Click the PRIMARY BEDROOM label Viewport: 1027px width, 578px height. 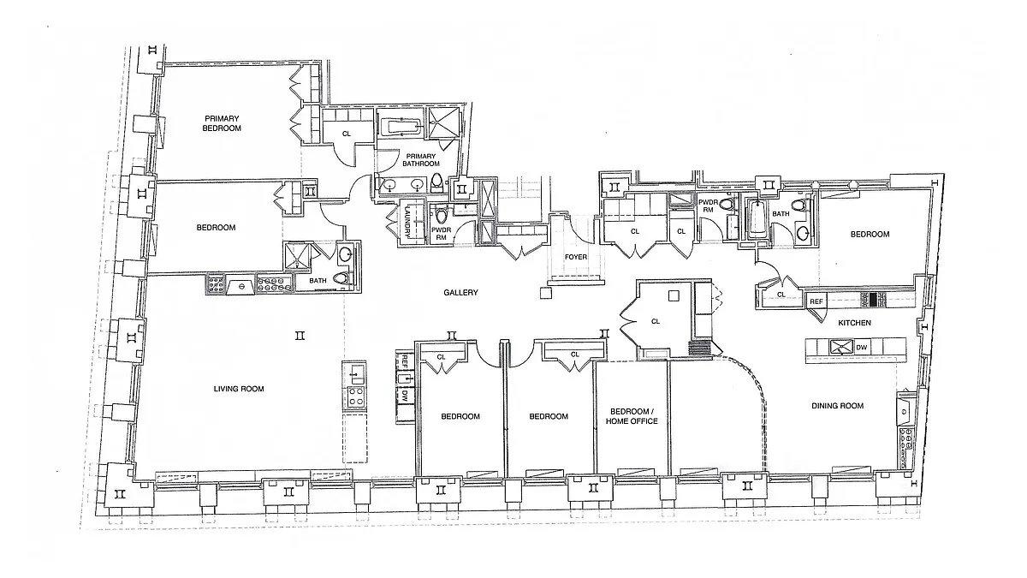tap(222, 123)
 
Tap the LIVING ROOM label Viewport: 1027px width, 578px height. tap(239, 389)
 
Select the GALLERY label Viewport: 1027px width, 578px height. tap(460, 292)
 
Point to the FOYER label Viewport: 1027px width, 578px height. tap(576, 257)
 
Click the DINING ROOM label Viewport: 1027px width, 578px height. tap(838, 406)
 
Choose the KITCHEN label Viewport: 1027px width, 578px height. tap(855, 323)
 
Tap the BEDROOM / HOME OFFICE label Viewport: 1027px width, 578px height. tap(632, 416)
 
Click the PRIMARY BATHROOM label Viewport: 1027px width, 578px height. tap(421, 159)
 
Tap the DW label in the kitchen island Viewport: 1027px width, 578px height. tap(862, 348)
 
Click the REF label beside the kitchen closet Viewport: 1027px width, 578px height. tap(816, 301)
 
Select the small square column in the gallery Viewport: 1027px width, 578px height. tap(545, 293)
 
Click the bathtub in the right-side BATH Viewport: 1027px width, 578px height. tap(755, 219)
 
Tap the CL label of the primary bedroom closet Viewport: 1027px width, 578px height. tap(347, 134)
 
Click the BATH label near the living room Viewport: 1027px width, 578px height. tap(318, 281)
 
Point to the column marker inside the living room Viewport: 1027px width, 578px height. tap(300, 336)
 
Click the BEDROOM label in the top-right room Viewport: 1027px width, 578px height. tap(870, 234)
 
